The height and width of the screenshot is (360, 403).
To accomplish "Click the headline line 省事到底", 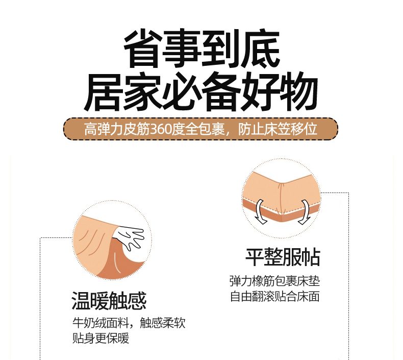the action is [202, 49].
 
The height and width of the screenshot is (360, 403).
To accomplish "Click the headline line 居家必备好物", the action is [200, 91].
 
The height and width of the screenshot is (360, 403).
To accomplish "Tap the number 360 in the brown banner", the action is [160, 129].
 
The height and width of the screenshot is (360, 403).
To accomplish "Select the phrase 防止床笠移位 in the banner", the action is [278, 129].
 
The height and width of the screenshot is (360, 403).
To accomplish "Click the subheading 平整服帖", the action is [283, 257].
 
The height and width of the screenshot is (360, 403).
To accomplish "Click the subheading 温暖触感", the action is [109, 301].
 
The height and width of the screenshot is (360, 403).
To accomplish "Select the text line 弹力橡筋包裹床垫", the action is [274, 281].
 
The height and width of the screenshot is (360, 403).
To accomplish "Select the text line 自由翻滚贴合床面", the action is [274, 296].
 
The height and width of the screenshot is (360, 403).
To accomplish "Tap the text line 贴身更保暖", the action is [101, 338].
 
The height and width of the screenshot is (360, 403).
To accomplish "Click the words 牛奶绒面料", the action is [101, 323].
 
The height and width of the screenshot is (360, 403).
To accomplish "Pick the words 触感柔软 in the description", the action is [162, 323].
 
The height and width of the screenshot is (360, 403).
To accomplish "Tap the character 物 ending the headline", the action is [299, 91].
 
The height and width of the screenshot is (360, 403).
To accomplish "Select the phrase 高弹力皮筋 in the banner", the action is [117, 129].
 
